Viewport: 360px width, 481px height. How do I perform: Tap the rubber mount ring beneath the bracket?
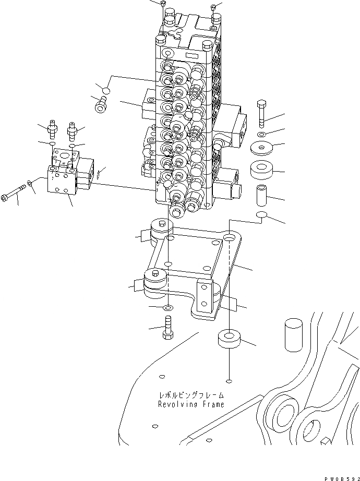229,340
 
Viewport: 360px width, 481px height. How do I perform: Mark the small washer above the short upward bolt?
167,307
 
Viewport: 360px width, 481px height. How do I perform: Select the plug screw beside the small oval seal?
100,105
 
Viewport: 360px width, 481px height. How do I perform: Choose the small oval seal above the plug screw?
105,91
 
